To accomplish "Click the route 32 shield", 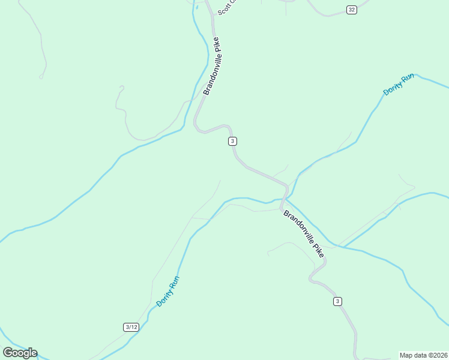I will tap(351, 9).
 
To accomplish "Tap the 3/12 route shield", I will tap(131, 327).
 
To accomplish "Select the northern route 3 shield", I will tap(232, 141).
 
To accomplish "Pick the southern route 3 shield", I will tap(338, 301).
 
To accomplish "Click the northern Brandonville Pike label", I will tap(212, 66).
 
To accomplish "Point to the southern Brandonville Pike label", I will tap(304, 233).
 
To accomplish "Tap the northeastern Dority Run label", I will tap(399, 85).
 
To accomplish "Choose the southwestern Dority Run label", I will tap(168, 291).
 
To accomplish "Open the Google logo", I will tap(20, 353).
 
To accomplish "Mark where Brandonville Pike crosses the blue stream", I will tap(285, 198).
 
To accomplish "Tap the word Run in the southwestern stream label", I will tap(175, 281).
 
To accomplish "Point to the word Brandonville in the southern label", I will tap(298, 227).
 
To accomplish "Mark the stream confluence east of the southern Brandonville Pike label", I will tap(340, 247).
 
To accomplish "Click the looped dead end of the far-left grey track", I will tap(41, 76).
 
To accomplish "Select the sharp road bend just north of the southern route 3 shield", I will tap(312, 277).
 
